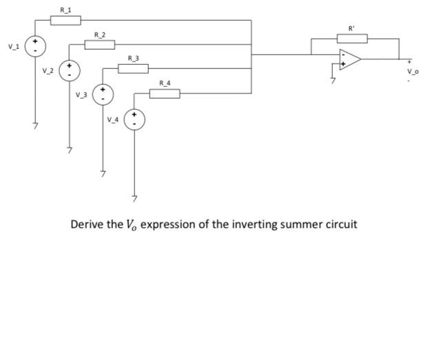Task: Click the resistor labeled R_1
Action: [65, 20]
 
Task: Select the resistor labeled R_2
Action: [99, 45]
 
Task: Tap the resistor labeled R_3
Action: [133, 68]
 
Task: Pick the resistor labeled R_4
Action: [165, 93]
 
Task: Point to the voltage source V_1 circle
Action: [35, 46]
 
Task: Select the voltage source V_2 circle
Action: [69, 70]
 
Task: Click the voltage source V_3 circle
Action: [103, 94]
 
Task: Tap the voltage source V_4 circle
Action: [134, 119]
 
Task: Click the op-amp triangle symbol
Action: [349, 59]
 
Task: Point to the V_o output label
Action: [412, 71]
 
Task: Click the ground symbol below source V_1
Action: [35, 126]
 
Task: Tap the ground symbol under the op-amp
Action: [334, 81]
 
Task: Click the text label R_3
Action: [133, 59]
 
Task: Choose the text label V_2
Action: [46, 70]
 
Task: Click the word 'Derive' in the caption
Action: [86, 225]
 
